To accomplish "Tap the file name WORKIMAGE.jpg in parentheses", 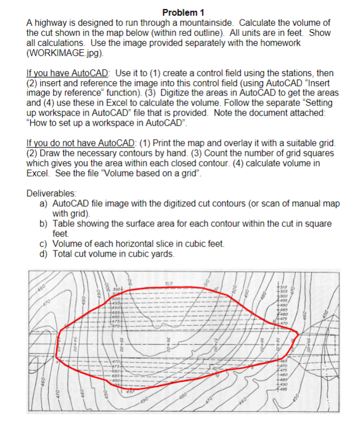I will point(66,53).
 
